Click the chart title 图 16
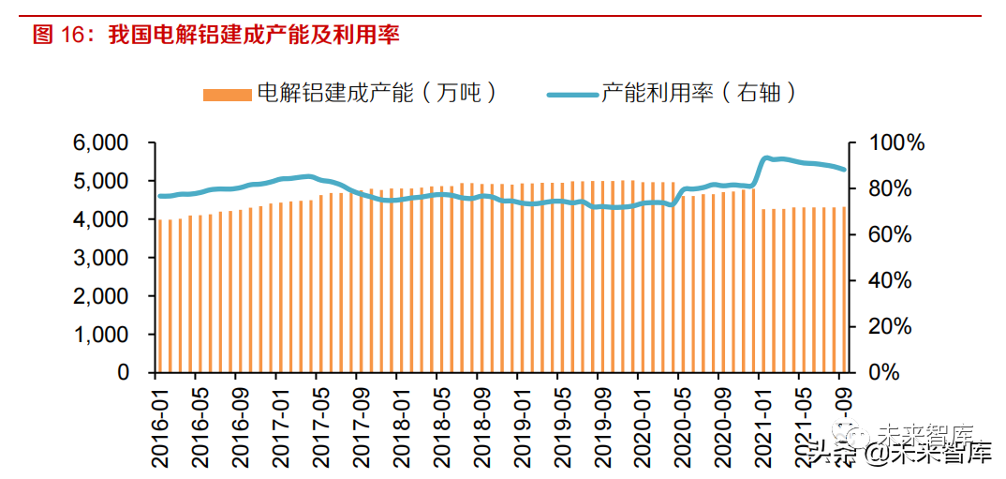tap(216, 36)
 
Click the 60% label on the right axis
tap(886, 235)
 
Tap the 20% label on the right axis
tap(886, 326)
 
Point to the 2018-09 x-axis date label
tap(478, 423)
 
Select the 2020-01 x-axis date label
tap(638, 423)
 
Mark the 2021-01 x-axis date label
tap(759, 423)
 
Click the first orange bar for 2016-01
tap(160, 295)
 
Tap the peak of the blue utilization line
tap(767, 158)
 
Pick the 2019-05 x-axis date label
tap(558, 423)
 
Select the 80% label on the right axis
tap(886, 189)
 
